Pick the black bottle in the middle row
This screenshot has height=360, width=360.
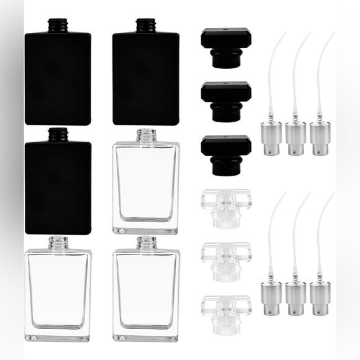point(57,186)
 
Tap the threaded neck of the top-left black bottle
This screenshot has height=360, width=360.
point(57,25)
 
